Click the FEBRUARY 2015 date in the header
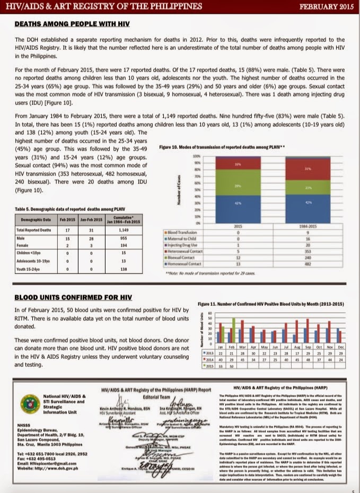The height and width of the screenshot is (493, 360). pyautogui.click(x=324, y=6)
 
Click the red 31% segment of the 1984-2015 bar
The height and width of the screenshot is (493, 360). pyautogui.click(x=308, y=169)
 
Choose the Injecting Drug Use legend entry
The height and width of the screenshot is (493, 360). pyautogui.click(x=183, y=246)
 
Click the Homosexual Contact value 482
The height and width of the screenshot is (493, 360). pyautogui.click(x=308, y=263)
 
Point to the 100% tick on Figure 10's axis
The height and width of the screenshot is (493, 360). pyautogui.click(x=196, y=157)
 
